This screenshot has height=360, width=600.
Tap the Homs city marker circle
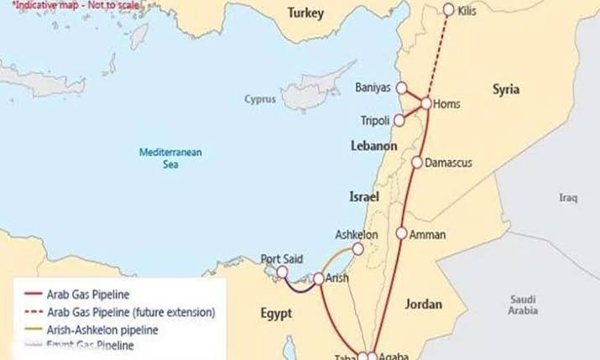[x=425, y=103]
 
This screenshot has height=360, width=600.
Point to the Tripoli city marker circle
[x=400, y=119]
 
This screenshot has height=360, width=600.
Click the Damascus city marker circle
[x=416, y=162]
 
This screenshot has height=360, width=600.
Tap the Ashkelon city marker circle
[x=358, y=249]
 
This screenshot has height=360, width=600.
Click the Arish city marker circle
[x=319, y=279]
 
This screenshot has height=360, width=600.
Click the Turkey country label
[x=305, y=13]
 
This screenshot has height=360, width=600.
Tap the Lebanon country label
[x=373, y=146]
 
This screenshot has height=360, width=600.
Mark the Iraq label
[x=569, y=198]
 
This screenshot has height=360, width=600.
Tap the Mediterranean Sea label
[x=166, y=158]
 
